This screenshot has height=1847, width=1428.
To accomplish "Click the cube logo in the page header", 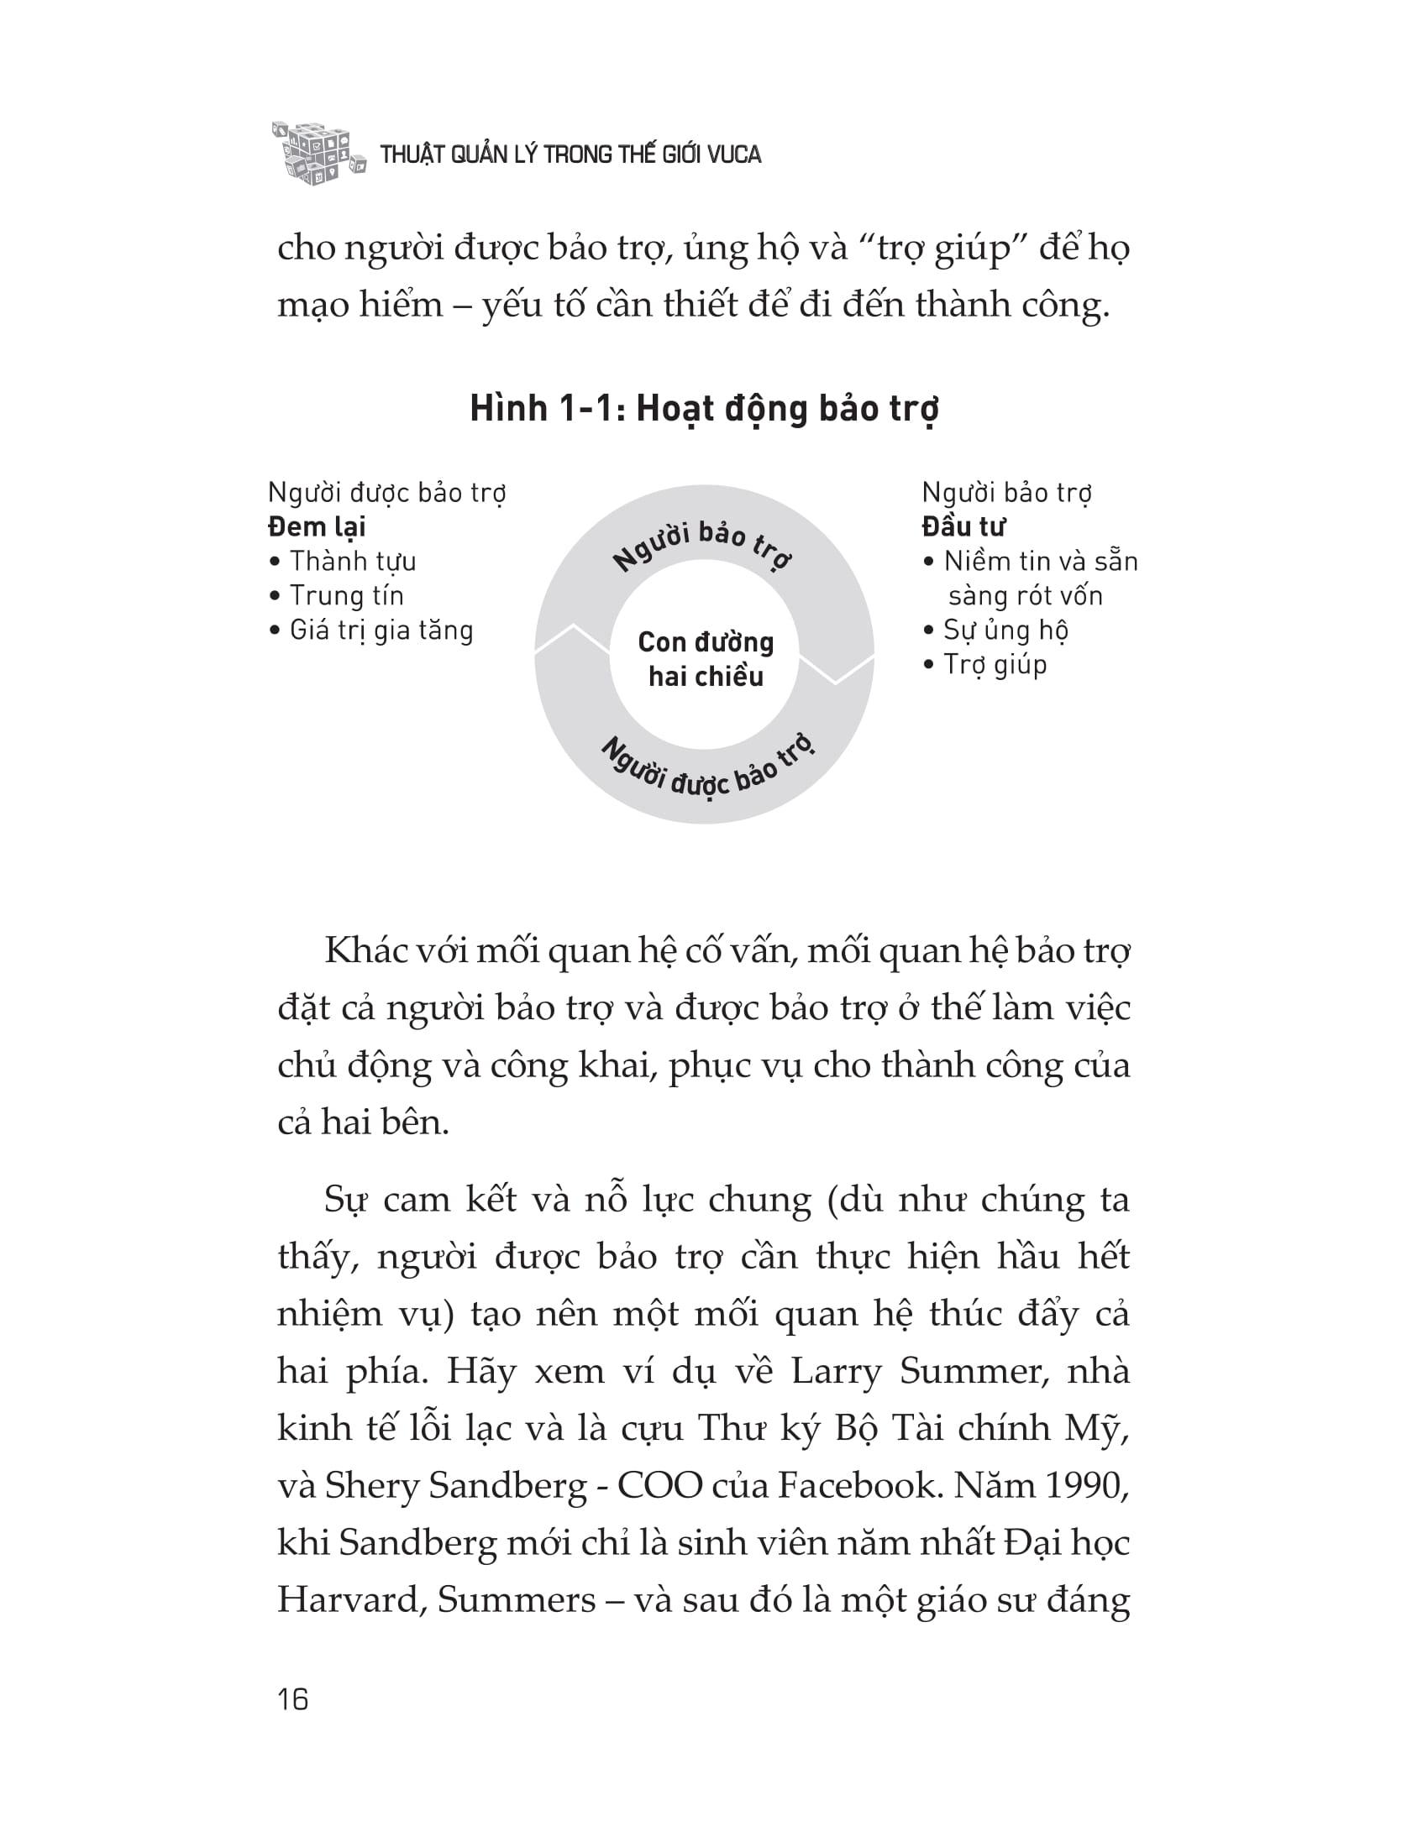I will (x=318, y=152).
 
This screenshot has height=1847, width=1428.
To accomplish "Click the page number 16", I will (x=292, y=1699).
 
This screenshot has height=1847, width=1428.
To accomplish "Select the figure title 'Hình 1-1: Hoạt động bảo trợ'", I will (x=704, y=410).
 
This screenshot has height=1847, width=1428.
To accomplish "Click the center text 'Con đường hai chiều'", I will (x=706, y=659).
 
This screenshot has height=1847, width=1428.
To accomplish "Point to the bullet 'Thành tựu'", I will (x=353, y=561).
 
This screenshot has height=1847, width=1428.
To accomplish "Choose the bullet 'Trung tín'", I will (x=347, y=595).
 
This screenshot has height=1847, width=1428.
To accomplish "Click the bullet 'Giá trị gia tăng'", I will (x=381, y=630).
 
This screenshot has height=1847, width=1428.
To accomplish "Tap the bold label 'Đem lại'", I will (x=317, y=527).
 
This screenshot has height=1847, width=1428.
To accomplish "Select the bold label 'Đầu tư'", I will (x=963, y=527).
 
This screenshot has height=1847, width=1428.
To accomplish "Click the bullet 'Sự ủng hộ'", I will (x=1005, y=630).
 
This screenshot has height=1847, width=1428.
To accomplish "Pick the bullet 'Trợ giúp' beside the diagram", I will (x=995, y=665).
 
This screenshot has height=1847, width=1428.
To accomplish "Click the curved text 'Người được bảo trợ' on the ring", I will (x=707, y=769).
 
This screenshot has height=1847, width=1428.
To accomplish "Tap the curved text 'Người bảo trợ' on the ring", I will (x=701, y=546).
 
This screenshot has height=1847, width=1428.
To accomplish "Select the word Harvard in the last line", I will (x=350, y=1600).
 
